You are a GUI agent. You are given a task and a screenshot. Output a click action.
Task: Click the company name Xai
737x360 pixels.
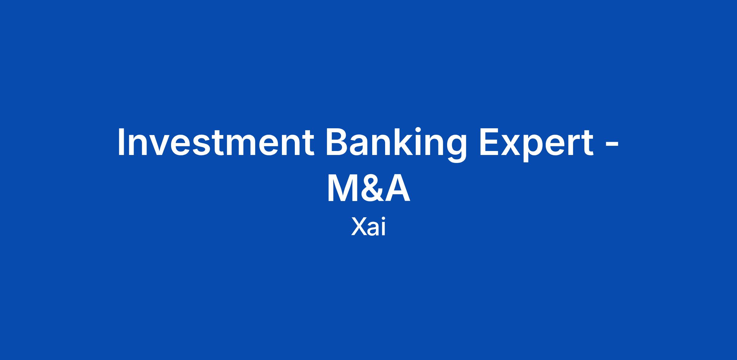click(x=368, y=227)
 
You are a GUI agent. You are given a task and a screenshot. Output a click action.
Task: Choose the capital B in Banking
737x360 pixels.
click(x=338, y=142)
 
